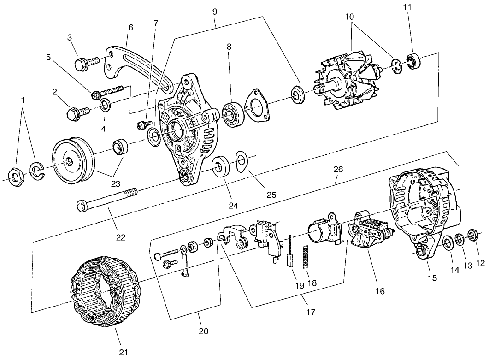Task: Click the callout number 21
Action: pos(122,352)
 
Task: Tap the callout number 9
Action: pos(214,11)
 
